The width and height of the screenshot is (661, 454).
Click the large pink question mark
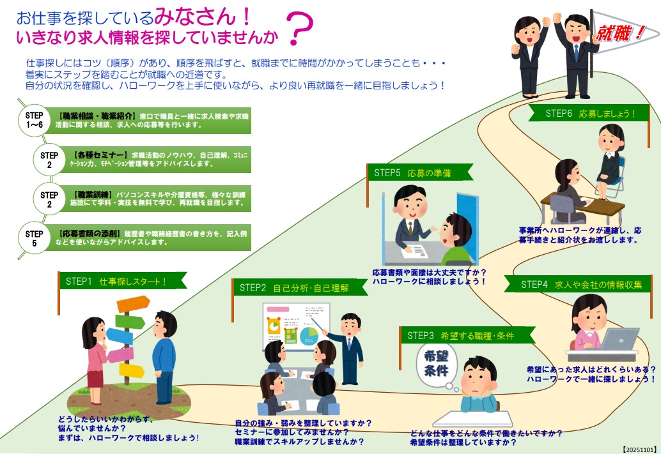click(x=300, y=29)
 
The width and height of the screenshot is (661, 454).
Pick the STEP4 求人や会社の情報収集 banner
click(x=580, y=285)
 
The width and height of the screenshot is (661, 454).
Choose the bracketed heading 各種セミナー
click(x=101, y=155)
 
